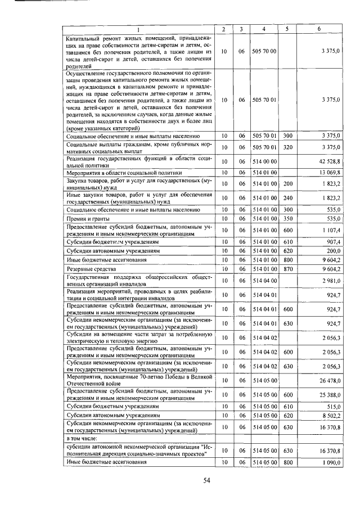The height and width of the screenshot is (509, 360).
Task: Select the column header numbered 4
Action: pos(264,29)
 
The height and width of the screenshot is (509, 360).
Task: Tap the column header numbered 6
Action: pos(319,29)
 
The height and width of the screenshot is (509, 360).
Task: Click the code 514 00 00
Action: pos(264,161)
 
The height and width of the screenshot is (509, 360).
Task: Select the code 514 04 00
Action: pos(264,280)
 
